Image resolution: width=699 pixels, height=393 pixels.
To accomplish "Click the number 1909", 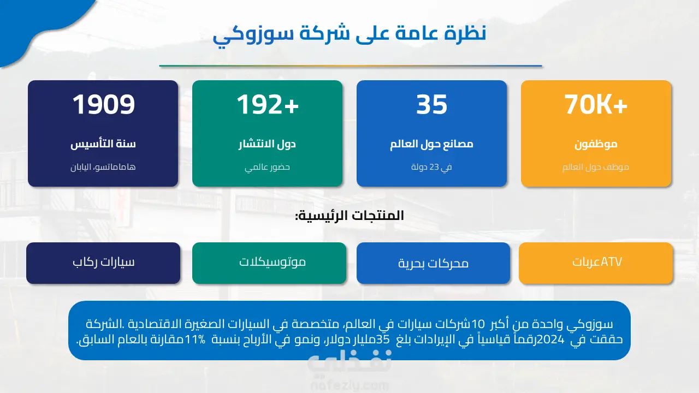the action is (x=104, y=104).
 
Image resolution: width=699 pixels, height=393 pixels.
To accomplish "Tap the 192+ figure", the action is (x=268, y=104).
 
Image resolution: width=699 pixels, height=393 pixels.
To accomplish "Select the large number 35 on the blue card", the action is (x=431, y=104).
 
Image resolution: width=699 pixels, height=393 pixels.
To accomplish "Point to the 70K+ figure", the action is (x=596, y=104).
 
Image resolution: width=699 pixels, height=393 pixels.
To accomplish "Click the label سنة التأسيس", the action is (x=103, y=144).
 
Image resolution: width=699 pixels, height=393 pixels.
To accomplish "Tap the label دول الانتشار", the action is (x=267, y=144).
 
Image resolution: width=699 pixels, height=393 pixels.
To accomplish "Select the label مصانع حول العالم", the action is (x=431, y=144).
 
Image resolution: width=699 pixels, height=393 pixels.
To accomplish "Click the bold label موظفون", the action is (x=596, y=145).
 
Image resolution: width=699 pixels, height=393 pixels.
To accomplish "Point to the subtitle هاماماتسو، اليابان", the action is (x=103, y=167).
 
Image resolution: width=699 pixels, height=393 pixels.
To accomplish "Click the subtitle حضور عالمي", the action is (x=267, y=168).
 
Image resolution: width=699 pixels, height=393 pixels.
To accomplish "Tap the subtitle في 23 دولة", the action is (x=431, y=167).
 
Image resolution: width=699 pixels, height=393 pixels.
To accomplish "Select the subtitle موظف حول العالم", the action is (x=596, y=167).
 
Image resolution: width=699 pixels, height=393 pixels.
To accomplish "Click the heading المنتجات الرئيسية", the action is (x=349, y=216).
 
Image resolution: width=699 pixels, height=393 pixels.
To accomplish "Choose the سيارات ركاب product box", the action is (x=103, y=263).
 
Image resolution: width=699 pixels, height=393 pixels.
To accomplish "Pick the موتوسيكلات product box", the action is (x=269, y=263).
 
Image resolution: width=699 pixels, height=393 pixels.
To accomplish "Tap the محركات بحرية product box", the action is (x=434, y=263).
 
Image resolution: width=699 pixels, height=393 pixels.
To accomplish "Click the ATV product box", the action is (x=596, y=263).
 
